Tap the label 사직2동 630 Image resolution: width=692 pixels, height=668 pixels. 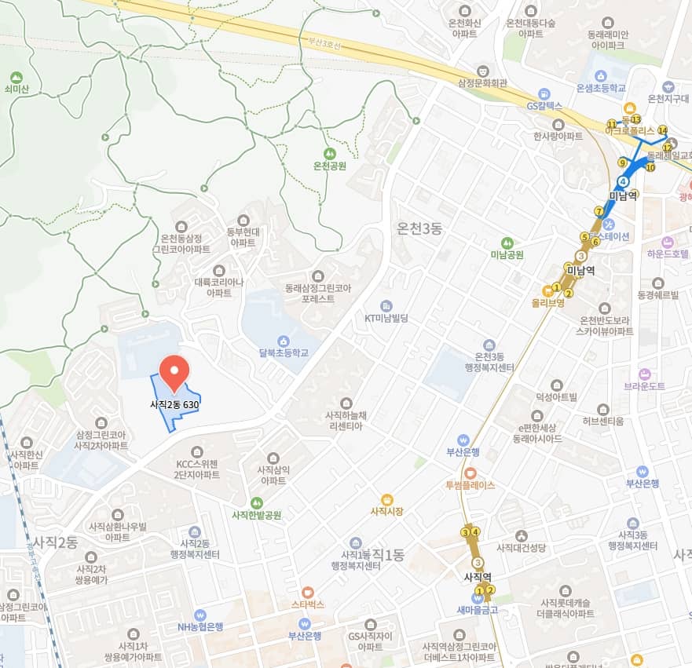pos(174,405)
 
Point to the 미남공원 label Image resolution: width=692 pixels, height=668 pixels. pos(507,254)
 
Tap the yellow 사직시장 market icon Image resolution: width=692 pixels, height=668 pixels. pos(386,499)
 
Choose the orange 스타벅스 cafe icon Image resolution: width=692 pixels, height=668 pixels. pos(307,592)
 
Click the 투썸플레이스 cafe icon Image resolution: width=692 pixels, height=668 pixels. pos(470,473)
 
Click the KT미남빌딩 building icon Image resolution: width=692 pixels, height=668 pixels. pos(386,305)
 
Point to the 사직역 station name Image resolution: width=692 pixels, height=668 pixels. pos(478,577)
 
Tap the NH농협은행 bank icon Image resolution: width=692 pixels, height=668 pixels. pos(200,615)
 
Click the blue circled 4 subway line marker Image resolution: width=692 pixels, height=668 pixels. pos(623,181)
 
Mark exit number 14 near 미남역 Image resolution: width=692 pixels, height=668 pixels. pos(663,130)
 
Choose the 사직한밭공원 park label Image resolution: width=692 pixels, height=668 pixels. pos(256,515)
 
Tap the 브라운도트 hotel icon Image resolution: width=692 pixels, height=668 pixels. pos(645,374)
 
